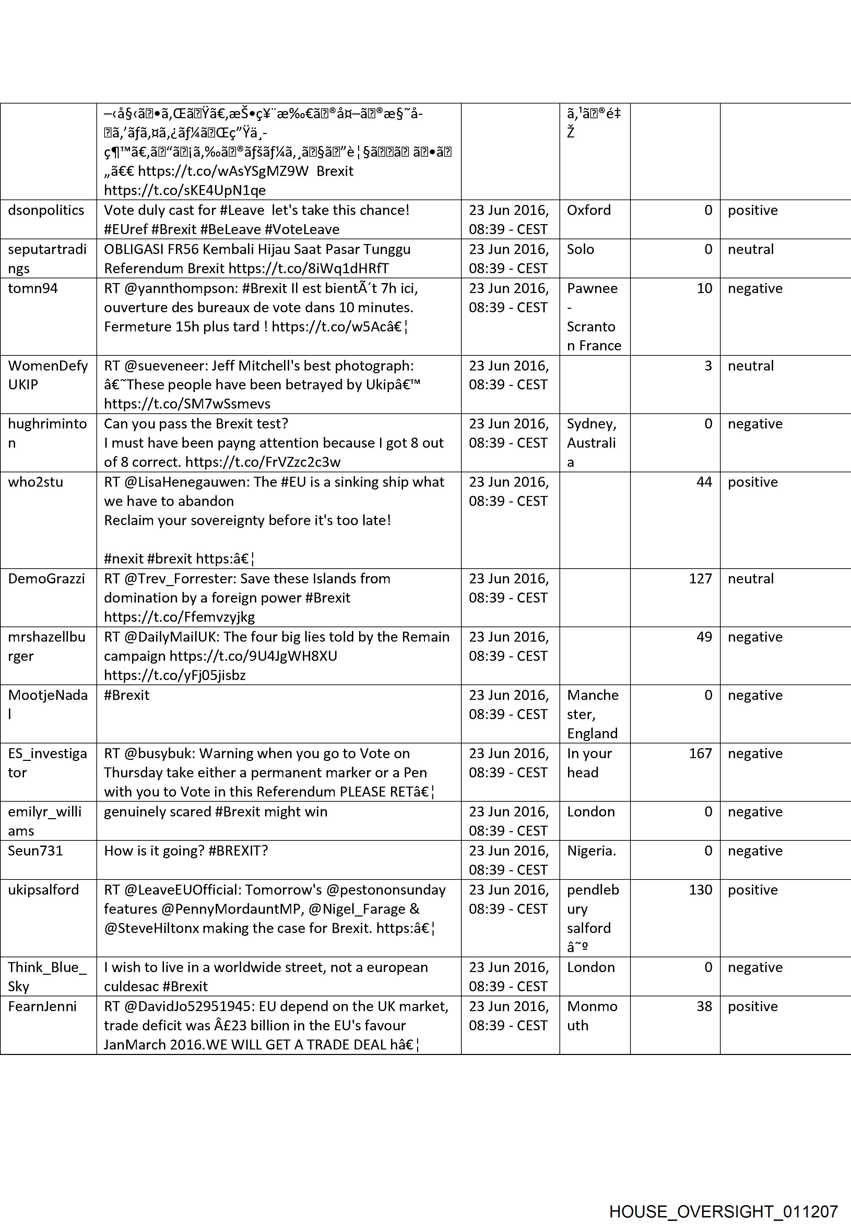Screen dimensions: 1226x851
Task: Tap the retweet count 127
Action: coord(700,578)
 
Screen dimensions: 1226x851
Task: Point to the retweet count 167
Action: coord(700,753)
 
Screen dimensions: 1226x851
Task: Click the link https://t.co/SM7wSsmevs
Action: coord(187,404)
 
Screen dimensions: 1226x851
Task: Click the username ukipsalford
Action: coord(43,889)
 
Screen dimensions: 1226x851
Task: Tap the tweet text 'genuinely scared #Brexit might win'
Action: coord(215,812)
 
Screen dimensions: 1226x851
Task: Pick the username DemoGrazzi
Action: coord(46,578)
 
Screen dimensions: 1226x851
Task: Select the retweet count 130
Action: coord(700,889)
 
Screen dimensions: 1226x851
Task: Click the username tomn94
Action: coord(33,288)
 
